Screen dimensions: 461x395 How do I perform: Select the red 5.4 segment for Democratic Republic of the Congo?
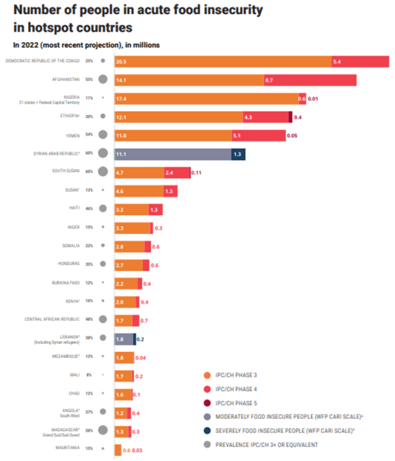tap(360, 61)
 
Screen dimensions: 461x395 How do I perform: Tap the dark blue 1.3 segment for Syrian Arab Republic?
tap(238, 154)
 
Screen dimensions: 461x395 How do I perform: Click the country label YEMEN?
tap(72, 135)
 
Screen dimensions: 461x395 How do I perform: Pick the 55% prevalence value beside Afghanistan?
tap(89, 79)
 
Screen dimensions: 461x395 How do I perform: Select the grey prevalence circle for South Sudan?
tap(103, 172)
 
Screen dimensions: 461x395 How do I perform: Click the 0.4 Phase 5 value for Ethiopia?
tap(297, 117)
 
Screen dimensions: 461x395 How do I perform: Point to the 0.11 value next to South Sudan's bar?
tap(196, 173)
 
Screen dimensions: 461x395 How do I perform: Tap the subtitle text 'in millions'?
tap(142, 45)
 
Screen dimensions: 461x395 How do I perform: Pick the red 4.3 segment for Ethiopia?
tap(266, 117)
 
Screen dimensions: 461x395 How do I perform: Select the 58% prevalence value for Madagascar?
tap(89, 431)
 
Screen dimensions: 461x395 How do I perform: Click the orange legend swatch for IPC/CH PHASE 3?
tap(207, 374)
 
